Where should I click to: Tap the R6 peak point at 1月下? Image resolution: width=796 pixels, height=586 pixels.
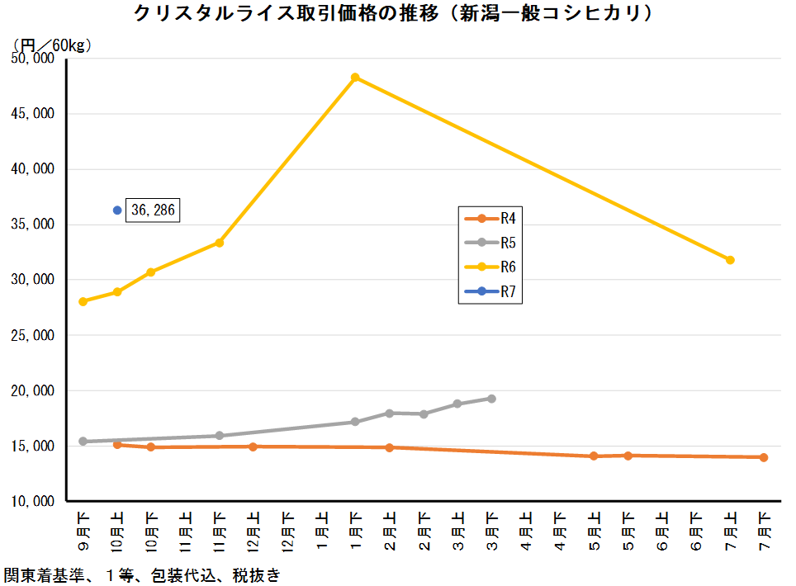coord(355,78)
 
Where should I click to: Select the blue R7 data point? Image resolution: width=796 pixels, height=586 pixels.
coord(117,210)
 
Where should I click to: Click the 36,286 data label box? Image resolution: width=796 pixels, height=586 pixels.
coord(152,210)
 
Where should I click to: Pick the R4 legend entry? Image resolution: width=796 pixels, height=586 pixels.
coord(490,219)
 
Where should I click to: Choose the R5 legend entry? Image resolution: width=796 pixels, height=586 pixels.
coord(490,243)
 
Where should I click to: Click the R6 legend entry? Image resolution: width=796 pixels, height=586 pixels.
coord(490,267)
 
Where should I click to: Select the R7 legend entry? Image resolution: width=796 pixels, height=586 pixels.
coord(490,291)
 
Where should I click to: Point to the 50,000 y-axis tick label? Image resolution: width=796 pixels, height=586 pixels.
coord(33,59)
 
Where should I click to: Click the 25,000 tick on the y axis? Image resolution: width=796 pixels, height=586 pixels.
coord(33,335)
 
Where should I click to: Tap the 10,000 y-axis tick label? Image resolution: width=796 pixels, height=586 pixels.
coord(33,501)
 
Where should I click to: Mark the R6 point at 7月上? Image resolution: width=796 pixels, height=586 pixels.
coord(730,260)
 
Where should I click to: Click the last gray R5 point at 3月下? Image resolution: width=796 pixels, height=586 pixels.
coord(491,399)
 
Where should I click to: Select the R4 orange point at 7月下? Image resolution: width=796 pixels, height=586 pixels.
coord(764,457)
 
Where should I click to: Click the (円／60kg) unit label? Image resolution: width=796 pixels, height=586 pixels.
coord(51,45)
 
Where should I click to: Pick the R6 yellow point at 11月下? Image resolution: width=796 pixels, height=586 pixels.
coord(219,243)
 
